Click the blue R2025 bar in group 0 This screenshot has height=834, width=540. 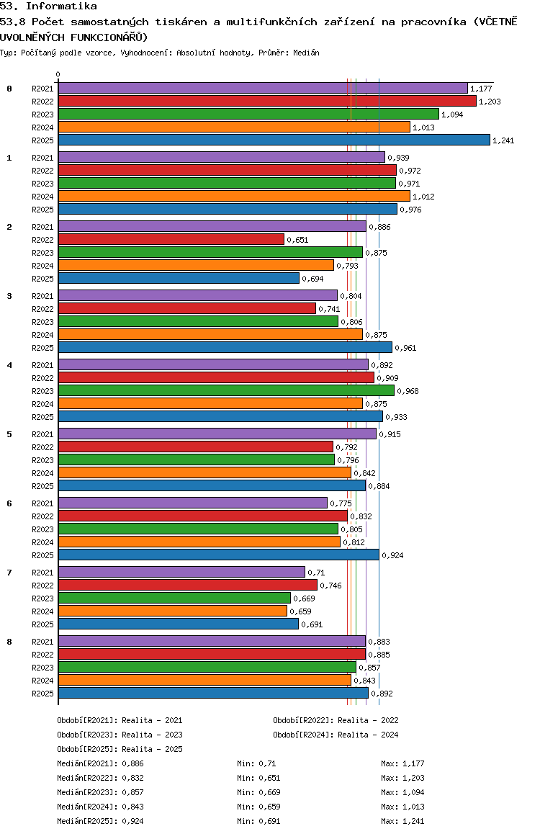(x=274, y=140)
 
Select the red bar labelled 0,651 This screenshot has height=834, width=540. (x=171, y=239)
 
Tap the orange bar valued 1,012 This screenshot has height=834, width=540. (x=235, y=197)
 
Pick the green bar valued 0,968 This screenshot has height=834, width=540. (x=226, y=390)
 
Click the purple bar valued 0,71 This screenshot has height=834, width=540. (x=181, y=572)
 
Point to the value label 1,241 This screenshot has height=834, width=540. (x=503, y=140)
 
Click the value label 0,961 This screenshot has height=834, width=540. (x=405, y=348)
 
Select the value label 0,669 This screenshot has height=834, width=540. (x=304, y=598)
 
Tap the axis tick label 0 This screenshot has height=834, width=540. (x=58, y=74)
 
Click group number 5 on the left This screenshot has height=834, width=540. (x=9, y=434)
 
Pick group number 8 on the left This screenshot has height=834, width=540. (x=9, y=642)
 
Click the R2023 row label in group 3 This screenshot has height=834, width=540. (x=42, y=322)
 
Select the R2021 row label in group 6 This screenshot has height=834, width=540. (x=42, y=503)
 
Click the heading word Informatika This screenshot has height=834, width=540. (x=61, y=6)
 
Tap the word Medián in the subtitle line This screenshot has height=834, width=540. (x=306, y=53)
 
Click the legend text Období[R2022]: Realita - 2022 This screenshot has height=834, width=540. (x=336, y=720)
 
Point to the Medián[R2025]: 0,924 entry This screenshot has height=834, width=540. (x=101, y=821)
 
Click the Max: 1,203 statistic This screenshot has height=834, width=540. (x=402, y=778)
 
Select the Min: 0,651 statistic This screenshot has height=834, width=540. (x=258, y=778)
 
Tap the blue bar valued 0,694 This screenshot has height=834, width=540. (x=179, y=278)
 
